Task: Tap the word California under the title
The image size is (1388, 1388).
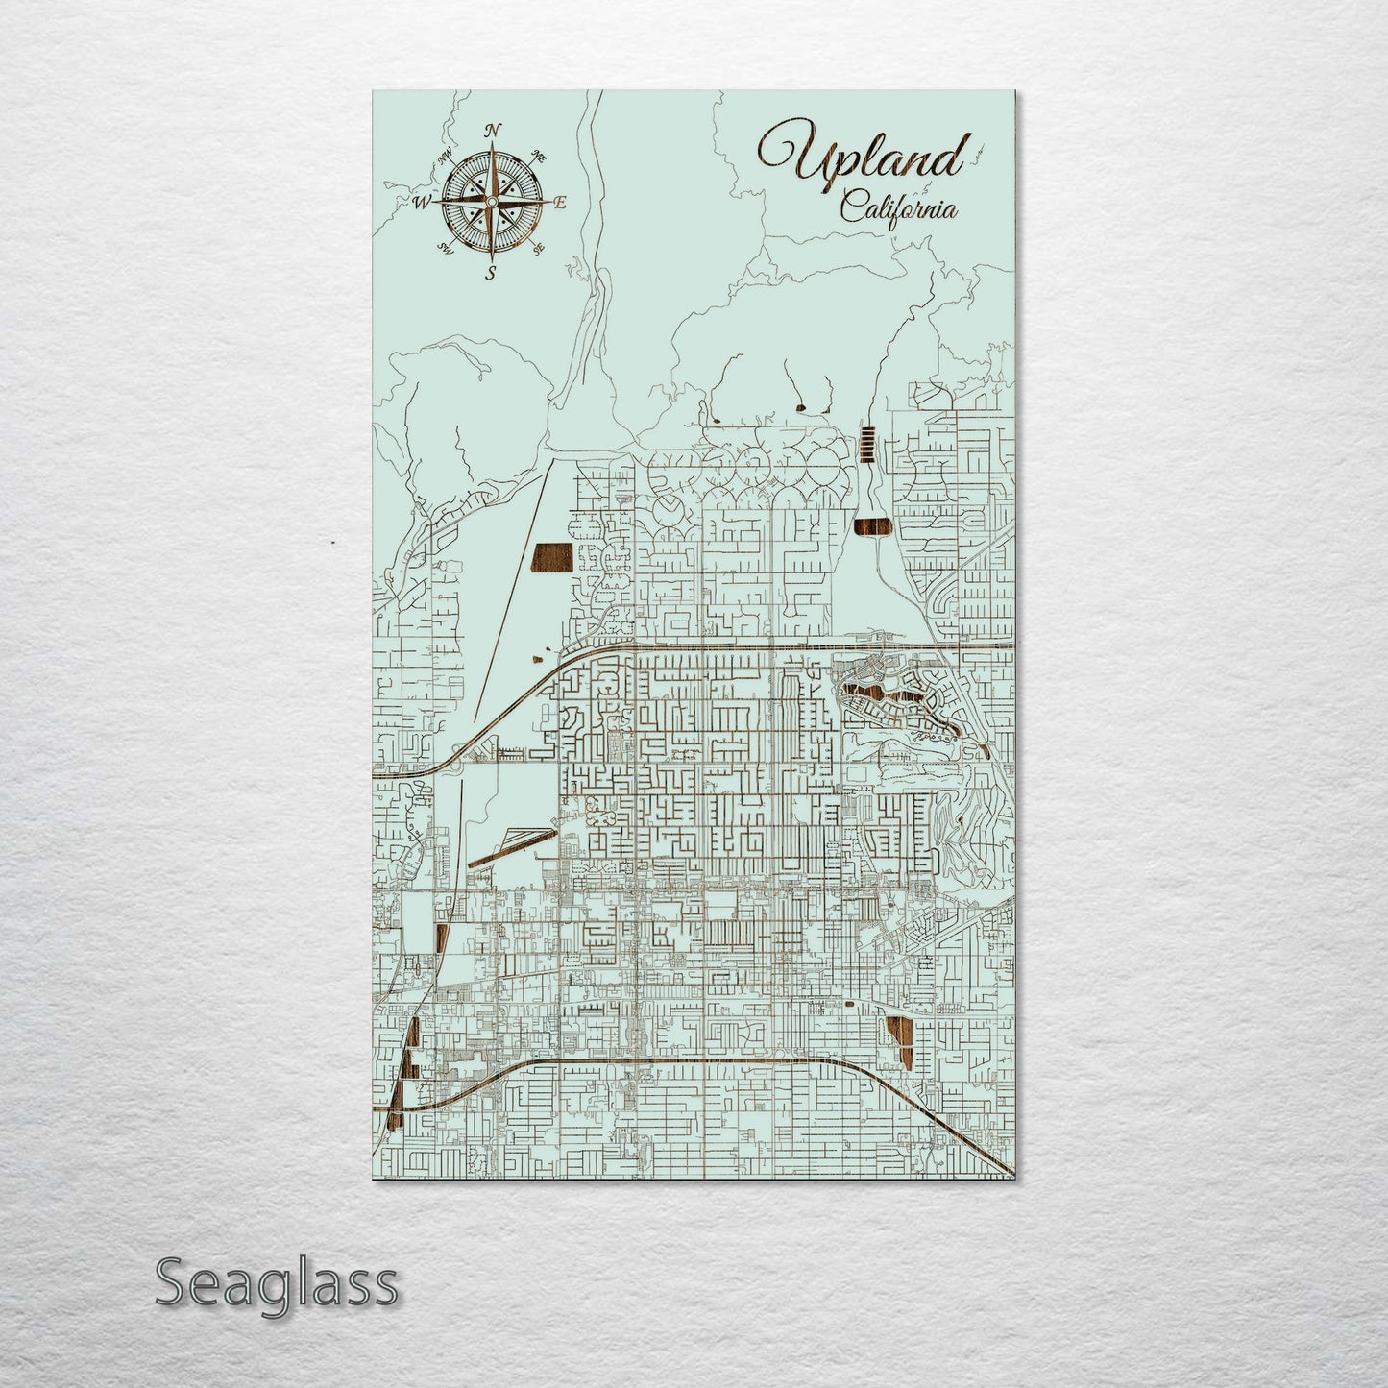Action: point(898,207)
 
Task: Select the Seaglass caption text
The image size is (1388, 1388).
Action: point(276,1282)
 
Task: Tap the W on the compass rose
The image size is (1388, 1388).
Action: point(421,203)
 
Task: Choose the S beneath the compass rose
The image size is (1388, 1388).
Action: point(491,273)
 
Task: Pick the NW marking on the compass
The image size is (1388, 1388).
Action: point(445,157)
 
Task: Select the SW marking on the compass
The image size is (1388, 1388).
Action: point(445,248)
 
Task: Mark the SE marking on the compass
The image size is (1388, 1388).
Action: point(538,248)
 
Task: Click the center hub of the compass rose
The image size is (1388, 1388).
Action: point(491,203)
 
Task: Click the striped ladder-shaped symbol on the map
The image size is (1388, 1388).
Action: point(867,445)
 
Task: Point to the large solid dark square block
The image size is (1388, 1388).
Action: point(552,556)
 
